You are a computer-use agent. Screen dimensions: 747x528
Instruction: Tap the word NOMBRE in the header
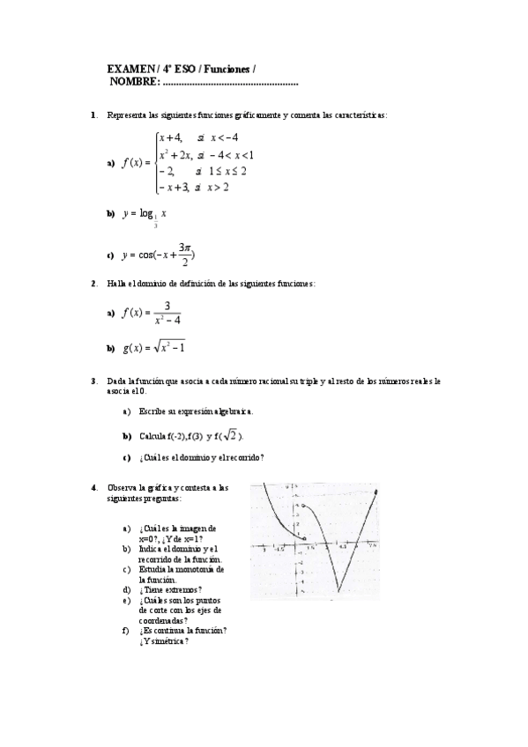coord(133,81)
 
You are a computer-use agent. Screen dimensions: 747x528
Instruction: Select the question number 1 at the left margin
coord(93,115)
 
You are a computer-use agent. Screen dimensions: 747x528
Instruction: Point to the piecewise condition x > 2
coord(220,187)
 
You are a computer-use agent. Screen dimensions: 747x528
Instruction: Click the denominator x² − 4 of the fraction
coord(166,320)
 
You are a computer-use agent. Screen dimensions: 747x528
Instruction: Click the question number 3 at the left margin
coord(93,381)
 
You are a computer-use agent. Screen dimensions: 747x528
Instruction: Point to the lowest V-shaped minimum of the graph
coord(338,581)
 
